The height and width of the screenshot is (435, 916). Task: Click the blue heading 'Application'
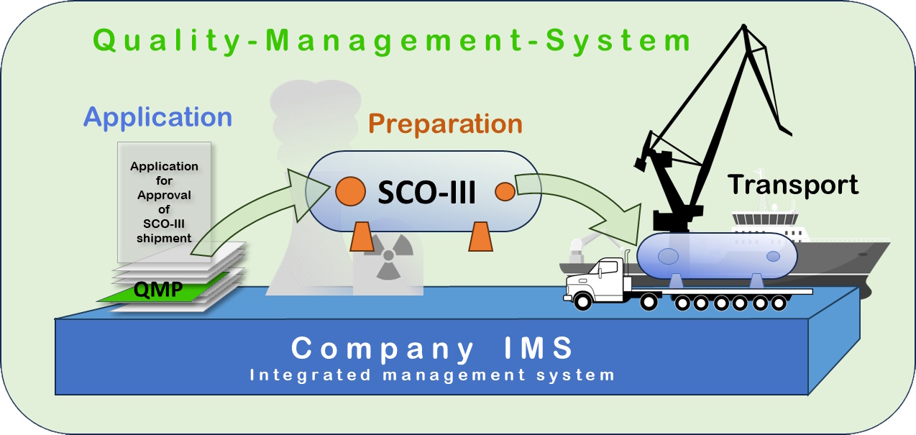[x=157, y=116]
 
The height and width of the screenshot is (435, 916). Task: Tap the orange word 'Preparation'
[x=446, y=124]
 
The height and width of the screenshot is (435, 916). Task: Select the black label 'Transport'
[x=793, y=185]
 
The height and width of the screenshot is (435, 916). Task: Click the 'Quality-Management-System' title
[x=393, y=41]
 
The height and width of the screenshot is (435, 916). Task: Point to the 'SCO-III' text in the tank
[x=427, y=192]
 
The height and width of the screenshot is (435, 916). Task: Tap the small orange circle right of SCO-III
[x=505, y=192]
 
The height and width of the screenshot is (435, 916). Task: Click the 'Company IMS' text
[x=432, y=349]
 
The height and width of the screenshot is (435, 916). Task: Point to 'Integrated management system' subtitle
[x=432, y=375]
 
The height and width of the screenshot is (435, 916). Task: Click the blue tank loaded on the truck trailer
[x=715, y=255]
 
